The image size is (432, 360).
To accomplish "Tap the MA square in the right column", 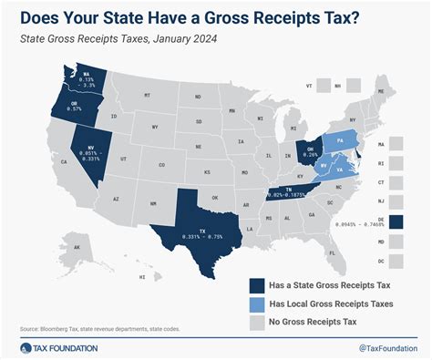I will (x=396, y=144).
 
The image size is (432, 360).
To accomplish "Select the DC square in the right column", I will (x=396, y=261).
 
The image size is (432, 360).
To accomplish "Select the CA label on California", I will (x=38, y=161).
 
